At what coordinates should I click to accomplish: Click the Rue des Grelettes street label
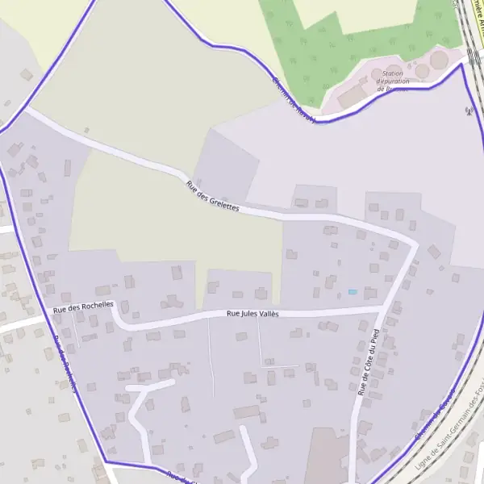213,196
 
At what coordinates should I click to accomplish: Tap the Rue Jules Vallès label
252,313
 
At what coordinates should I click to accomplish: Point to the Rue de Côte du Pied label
368,361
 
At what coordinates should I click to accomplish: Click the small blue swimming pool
352,291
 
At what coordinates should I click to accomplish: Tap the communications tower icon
467,111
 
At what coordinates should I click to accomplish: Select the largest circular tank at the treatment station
440,59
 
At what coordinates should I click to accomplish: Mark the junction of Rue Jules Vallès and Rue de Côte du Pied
380,308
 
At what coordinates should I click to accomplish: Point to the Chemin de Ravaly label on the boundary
291,98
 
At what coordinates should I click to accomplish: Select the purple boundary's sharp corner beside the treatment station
462,64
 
